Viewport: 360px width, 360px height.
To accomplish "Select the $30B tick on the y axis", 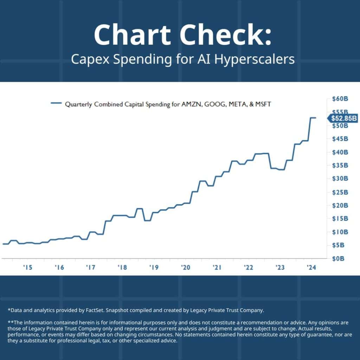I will [340, 179].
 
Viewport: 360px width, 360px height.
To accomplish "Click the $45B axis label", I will [340, 139].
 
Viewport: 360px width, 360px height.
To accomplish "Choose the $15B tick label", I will [340, 218].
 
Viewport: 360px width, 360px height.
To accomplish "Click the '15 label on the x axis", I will [28, 268].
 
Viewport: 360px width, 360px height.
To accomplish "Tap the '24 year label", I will [311, 268].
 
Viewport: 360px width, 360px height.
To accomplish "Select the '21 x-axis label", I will [217, 268].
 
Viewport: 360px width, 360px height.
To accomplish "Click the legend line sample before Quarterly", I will [56, 103].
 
